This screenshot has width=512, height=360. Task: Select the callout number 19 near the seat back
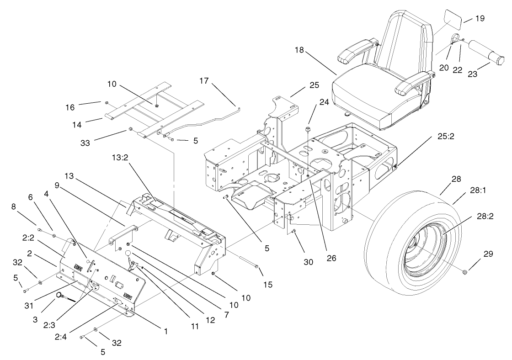point(480,18)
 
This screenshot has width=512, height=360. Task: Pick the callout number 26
point(331,258)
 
